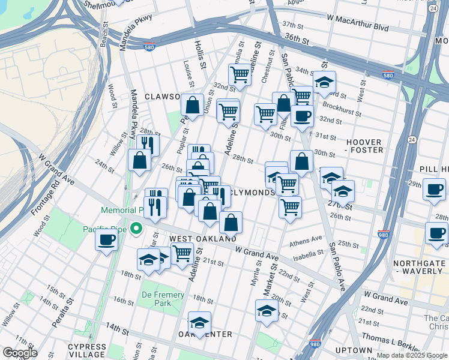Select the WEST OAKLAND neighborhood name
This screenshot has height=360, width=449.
coord(202,239)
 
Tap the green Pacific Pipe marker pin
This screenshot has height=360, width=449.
coord(136,228)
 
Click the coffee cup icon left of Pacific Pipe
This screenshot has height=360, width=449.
coord(107,240)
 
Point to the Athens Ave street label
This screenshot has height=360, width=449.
coord(306,242)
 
